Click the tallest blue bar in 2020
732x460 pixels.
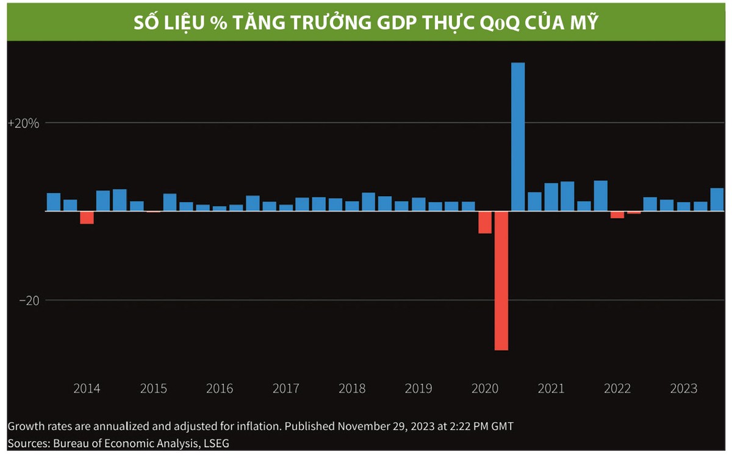[x=518, y=136]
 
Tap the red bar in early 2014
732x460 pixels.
[x=87, y=218]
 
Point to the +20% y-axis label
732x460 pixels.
[x=23, y=123]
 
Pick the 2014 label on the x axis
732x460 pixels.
[x=87, y=389]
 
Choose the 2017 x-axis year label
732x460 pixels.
[x=285, y=389]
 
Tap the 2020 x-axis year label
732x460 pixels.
[x=485, y=389]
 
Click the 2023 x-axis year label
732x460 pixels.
[x=684, y=389]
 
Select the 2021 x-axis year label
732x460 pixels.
[x=551, y=389]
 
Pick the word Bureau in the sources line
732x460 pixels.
[x=67, y=443]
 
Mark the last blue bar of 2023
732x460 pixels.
[x=717, y=199]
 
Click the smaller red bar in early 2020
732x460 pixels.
[x=485, y=222]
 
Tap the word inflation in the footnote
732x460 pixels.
[x=247, y=425]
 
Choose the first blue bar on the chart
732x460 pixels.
[x=54, y=202]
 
